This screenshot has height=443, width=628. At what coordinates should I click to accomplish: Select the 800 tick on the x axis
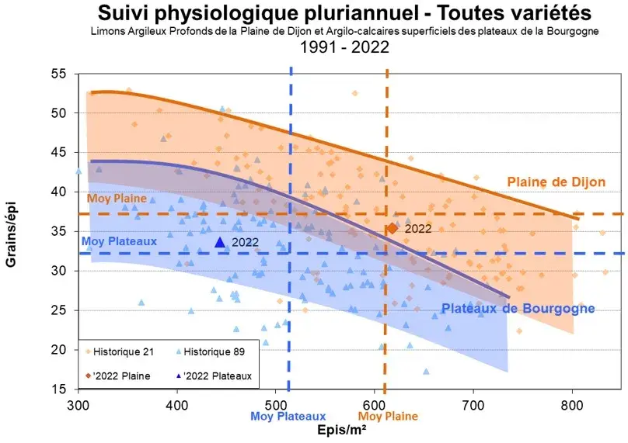tap(572, 403)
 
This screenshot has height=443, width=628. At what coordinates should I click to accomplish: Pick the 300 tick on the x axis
tap(78, 403)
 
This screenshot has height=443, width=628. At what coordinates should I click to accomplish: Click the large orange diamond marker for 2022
tap(392, 228)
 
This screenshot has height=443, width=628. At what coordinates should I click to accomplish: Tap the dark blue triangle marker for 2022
tap(220, 243)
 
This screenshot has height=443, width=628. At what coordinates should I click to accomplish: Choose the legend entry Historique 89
tap(210, 351)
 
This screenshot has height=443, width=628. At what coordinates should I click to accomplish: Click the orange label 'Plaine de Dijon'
tap(556, 182)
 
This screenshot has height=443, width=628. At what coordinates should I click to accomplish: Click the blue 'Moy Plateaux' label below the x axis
tap(288, 417)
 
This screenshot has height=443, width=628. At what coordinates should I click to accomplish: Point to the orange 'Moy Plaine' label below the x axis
tap(388, 417)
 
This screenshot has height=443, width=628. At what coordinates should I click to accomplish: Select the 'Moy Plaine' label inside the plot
tap(117, 198)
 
